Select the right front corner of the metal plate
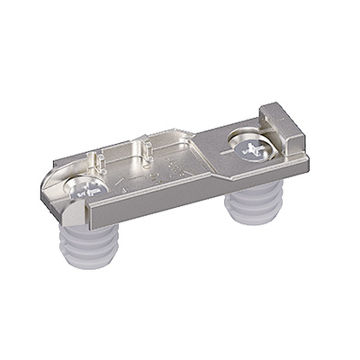pos(306,160)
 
